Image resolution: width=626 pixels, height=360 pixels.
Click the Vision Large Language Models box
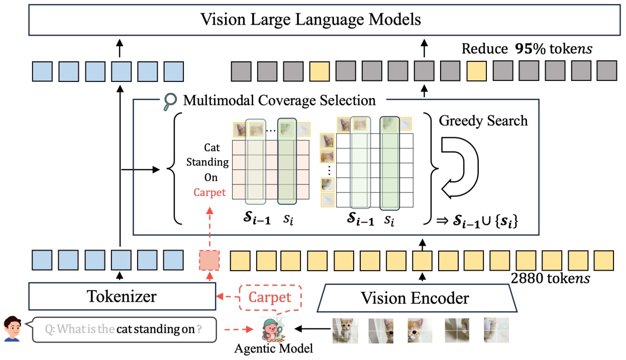pos(310,20)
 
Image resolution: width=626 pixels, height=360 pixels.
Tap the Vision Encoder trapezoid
pos(414,298)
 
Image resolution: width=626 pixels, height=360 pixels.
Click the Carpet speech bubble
pos(270,297)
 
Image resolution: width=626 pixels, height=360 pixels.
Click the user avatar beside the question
pos(13,329)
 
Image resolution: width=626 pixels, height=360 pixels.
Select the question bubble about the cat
pos(124,329)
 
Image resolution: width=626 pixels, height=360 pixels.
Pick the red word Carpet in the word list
pos(210,192)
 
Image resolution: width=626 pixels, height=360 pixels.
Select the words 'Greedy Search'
pos(483,121)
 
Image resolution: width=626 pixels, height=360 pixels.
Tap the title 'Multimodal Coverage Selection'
pos(279,100)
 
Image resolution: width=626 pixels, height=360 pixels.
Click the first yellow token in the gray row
pos(320,72)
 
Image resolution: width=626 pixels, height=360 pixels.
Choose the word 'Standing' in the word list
pos(207,162)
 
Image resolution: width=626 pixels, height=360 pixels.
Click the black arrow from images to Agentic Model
pos(311,329)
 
